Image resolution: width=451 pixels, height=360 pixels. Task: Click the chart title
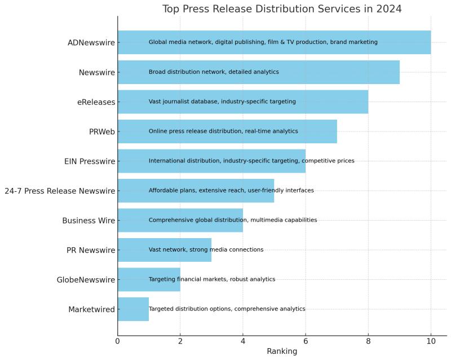(282, 8)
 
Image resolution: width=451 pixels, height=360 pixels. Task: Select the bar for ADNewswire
(274, 42)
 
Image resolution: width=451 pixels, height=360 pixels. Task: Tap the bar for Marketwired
(133, 309)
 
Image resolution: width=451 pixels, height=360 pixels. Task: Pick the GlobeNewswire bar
(149, 279)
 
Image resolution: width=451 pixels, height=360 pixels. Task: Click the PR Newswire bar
(164, 249)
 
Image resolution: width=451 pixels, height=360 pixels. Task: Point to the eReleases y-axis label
(96, 102)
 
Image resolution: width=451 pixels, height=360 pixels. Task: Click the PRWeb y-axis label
(102, 131)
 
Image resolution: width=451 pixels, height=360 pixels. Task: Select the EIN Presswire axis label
(90, 161)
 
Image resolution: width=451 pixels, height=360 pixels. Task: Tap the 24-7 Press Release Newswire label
(60, 191)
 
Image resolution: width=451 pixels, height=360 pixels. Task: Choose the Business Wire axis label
(89, 221)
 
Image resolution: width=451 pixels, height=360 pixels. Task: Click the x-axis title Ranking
(282, 351)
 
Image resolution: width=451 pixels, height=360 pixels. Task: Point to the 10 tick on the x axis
(431, 340)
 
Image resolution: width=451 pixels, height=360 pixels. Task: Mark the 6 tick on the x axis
(306, 340)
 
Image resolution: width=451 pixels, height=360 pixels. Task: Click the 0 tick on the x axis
(118, 340)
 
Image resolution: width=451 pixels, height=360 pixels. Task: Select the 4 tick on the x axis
(243, 340)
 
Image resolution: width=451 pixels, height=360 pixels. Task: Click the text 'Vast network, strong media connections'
(206, 249)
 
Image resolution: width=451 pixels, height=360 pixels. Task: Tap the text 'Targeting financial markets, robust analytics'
(212, 279)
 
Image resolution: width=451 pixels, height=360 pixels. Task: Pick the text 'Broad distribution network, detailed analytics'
(214, 72)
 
